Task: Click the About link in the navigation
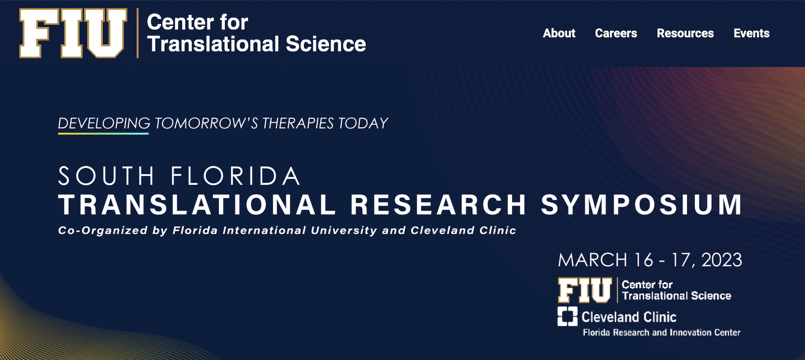[559, 33]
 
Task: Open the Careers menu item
[616, 33]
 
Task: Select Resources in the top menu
[685, 33]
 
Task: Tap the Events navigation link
[751, 33]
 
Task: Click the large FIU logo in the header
[73, 33]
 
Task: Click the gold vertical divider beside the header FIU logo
[138, 33]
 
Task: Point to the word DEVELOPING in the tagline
[104, 123]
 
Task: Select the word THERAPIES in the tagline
[297, 123]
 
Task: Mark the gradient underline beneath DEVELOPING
[104, 133]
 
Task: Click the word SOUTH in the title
[106, 176]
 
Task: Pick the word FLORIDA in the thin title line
[235, 176]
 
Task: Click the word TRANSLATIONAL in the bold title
[197, 204]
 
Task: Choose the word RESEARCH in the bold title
[439, 204]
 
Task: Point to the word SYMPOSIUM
[642, 204]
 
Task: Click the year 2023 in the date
[722, 260]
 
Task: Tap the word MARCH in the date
[593, 260]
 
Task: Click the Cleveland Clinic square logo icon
[567, 316]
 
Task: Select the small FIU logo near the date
[585, 290]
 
